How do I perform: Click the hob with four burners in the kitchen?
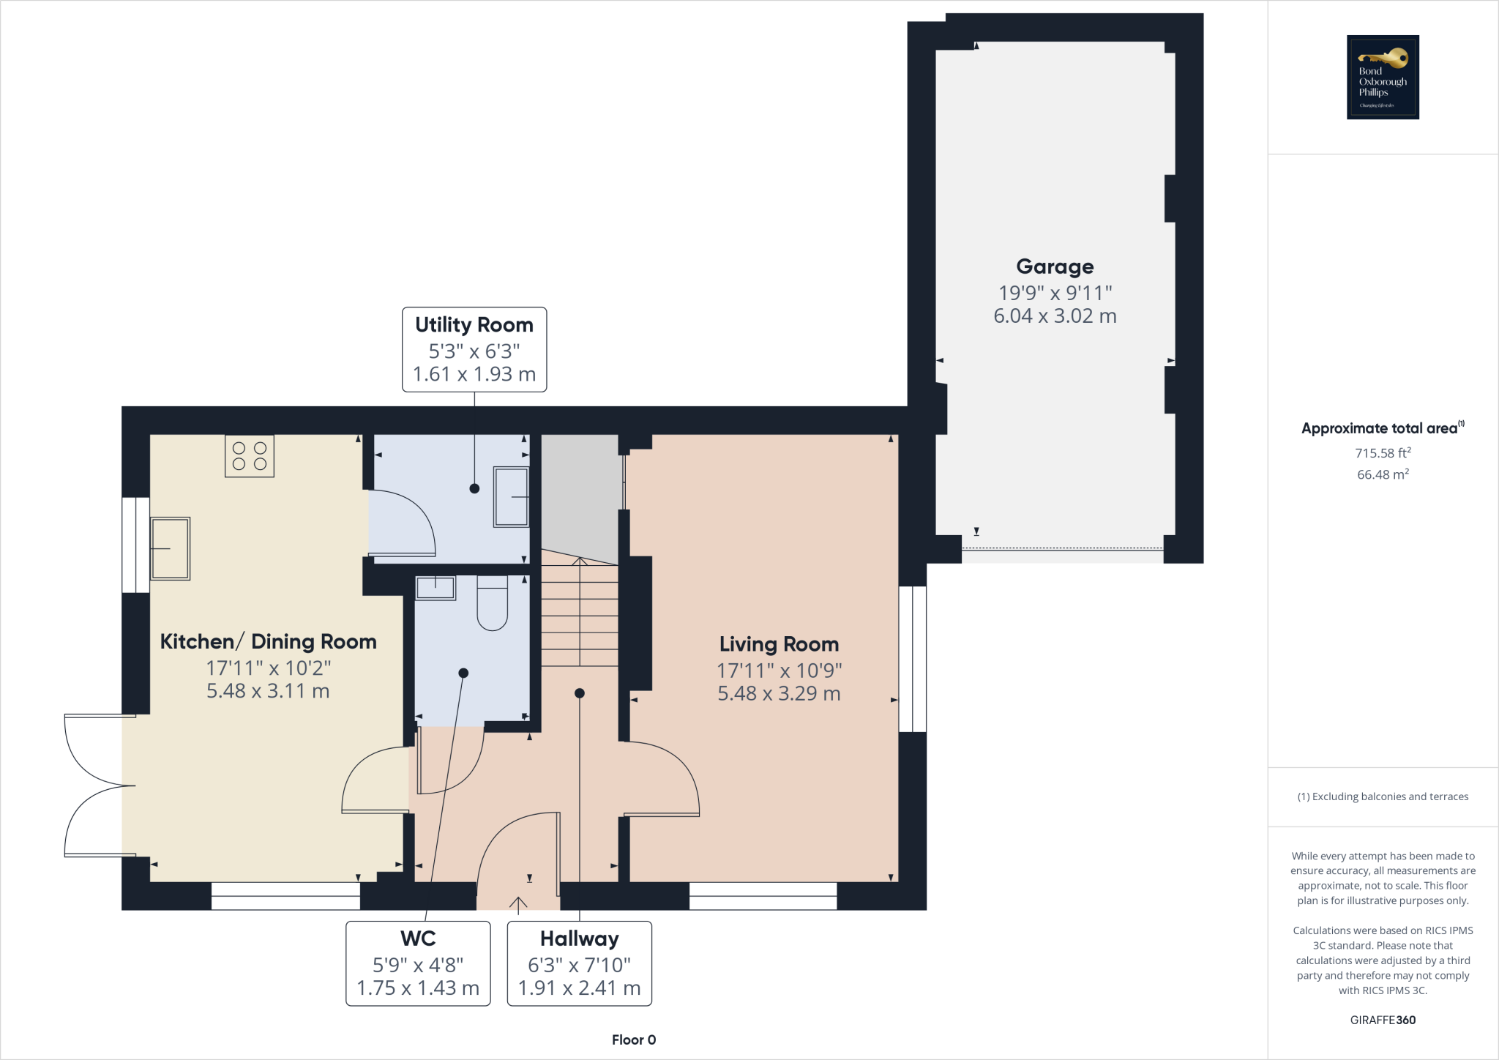(x=250, y=456)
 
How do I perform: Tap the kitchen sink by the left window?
(x=171, y=548)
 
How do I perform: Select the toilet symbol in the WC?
(x=493, y=603)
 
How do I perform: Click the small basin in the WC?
(x=436, y=588)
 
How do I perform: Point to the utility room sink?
(x=512, y=497)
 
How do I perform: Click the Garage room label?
(x=1055, y=266)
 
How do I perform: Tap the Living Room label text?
(x=779, y=644)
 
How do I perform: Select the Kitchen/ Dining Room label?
(x=268, y=642)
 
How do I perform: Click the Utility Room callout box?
(x=474, y=349)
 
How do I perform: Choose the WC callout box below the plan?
(x=418, y=963)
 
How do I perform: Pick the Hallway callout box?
(x=579, y=963)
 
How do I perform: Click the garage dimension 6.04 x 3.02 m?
(x=1055, y=316)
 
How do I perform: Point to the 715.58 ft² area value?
(x=1383, y=453)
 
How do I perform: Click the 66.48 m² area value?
(x=1383, y=474)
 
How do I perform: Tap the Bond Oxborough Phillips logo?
(x=1383, y=77)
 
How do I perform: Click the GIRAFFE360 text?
(x=1383, y=1020)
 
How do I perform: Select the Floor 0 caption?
(x=634, y=1040)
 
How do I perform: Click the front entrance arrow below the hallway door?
(x=518, y=906)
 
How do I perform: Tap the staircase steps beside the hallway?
(x=580, y=615)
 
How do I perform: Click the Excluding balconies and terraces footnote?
(x=1383, y=796)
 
